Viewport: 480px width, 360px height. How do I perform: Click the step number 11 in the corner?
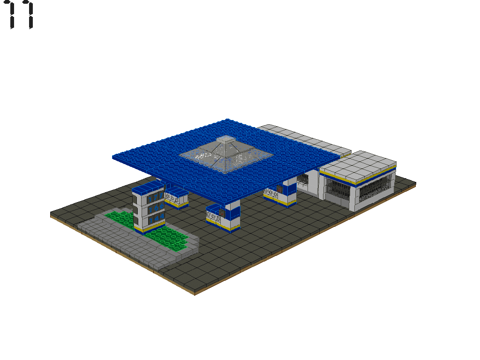(x=20, y=15)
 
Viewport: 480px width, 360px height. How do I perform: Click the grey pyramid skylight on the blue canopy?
(x=226, y=154)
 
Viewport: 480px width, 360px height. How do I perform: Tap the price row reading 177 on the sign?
(x=156, y=198)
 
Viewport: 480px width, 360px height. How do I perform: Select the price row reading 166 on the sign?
(x=156, y=208)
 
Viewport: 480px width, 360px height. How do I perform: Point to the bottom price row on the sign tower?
(x=156, y=218)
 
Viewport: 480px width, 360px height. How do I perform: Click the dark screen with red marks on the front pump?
(x=221, y=212)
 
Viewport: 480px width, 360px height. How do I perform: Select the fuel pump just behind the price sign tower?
(x=176, y=198)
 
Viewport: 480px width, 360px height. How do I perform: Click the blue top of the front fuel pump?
(x=214, y=208)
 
